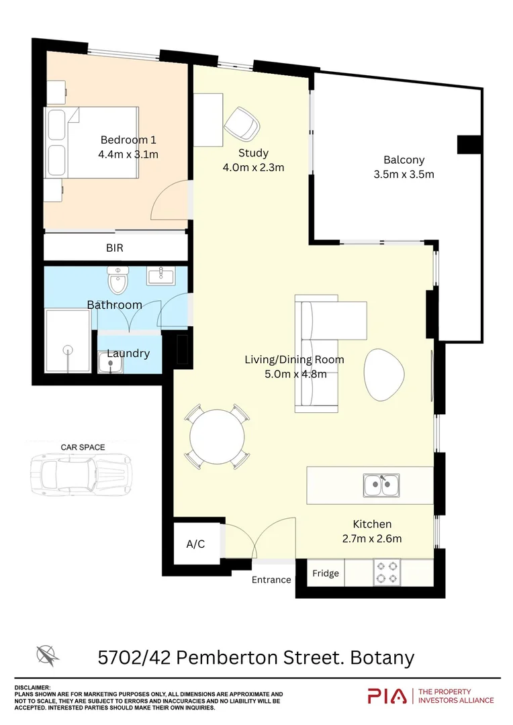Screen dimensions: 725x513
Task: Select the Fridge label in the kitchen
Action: [326, 574]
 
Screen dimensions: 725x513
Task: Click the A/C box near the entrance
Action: [195, 544]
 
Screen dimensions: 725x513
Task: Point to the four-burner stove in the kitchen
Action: [387, 573]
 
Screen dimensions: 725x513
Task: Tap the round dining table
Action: [217, 437]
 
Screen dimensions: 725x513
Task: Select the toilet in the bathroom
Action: [119, 280]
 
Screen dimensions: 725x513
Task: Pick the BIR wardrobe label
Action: [115, 248]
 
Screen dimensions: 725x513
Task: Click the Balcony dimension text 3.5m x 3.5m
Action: [404, 175]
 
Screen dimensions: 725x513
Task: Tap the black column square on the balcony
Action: [469, 144]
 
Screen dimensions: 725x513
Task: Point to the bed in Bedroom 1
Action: [92, 142]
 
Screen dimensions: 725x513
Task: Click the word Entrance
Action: [271, 580]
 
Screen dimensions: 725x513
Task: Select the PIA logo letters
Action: [387, 696]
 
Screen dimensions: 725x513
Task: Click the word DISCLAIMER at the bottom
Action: [33, 687]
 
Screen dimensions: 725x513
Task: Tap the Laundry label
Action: [128, 353]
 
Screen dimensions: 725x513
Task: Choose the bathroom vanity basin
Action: [160, 275]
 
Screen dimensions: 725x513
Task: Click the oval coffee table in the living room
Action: [385, 372]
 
